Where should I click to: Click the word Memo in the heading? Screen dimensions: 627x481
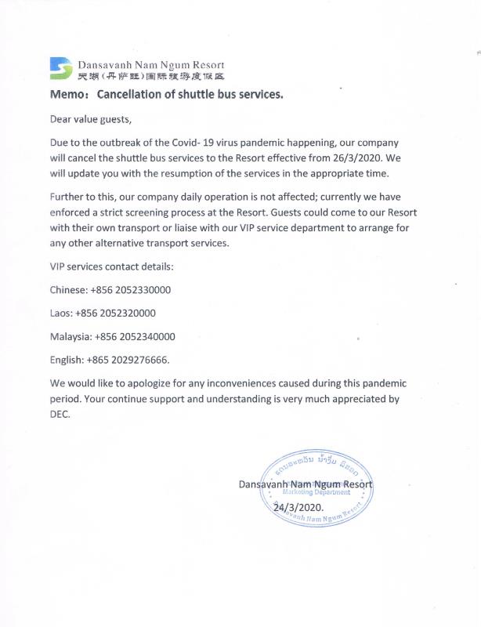coord(67,95)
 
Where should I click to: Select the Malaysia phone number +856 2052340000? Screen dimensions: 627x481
coord(135,336)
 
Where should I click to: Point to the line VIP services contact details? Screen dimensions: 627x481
coord(111,266)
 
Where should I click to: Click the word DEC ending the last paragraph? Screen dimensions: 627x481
coord(60,415)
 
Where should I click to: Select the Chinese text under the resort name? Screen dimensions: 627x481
coord(151,76)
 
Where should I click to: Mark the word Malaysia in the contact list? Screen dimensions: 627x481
coord(71,336)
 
